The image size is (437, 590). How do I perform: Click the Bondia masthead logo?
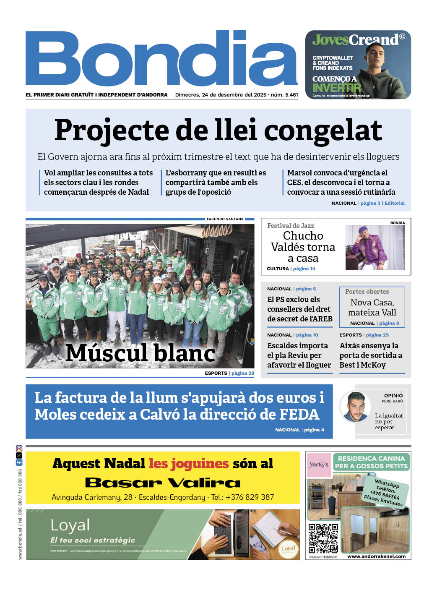coord(161,59)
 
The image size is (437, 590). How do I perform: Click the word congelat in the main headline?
coord(323,131)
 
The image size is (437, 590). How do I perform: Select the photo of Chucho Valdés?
coord(375,248)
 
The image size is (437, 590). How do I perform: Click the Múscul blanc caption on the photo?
coord(140,353)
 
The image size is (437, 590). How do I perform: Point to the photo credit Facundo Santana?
coord(225,219)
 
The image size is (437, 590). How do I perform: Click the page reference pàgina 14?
coord(304,269)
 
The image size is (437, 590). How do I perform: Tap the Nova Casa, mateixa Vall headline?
coord(372,307)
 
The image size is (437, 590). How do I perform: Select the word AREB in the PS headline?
coord(323,319)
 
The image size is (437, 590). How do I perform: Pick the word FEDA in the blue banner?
coord(299,415)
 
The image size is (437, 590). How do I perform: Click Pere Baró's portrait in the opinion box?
coord(355,406)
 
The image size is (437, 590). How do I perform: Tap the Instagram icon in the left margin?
coord(19,449)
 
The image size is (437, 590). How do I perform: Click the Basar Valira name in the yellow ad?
coord(163,483)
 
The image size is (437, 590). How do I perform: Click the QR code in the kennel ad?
coord(323,538)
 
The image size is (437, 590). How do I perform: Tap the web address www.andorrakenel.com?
coord(376,556)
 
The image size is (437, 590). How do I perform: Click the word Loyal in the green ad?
coord(70,525)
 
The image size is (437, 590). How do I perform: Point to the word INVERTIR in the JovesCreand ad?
coord(336,88)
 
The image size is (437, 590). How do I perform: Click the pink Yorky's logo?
coord(319,465)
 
